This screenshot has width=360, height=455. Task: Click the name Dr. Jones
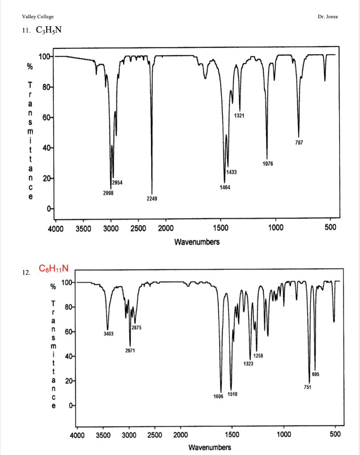click(328, 17)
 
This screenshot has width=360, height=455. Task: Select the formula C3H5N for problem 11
click(47, 31)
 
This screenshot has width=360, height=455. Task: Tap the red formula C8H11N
click(54, 268)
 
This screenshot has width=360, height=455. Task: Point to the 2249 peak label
click(152, 199)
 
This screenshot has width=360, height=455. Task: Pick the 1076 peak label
click(268, 164)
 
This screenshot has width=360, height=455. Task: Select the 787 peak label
click(299, 144)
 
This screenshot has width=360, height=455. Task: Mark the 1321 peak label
click(239, 116)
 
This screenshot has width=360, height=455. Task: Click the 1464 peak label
click(224, 188)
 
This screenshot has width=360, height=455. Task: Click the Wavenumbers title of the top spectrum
click(197, 242)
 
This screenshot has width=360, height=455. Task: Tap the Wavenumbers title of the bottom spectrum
click(210, 447)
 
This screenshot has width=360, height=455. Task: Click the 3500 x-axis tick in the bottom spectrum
click(104, 435)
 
